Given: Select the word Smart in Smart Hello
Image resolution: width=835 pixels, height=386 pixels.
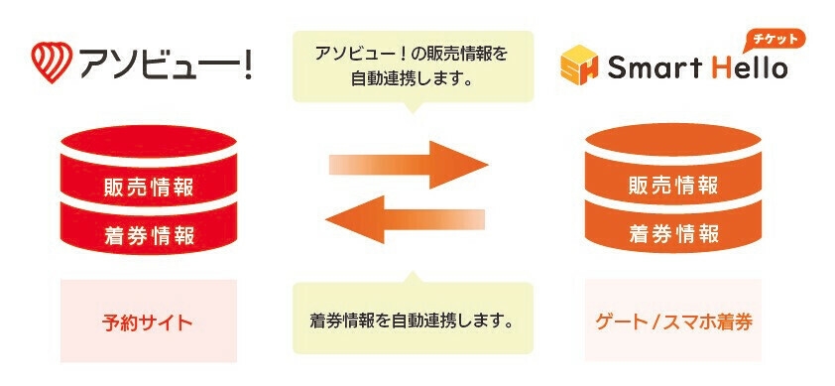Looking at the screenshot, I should [648, 68].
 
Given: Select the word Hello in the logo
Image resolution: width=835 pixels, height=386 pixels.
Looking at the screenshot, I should [747, 68].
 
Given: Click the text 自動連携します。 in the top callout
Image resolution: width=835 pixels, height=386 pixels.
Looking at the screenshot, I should [414, 78].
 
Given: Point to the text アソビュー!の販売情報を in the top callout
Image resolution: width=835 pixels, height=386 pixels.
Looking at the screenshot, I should [414, 54].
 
